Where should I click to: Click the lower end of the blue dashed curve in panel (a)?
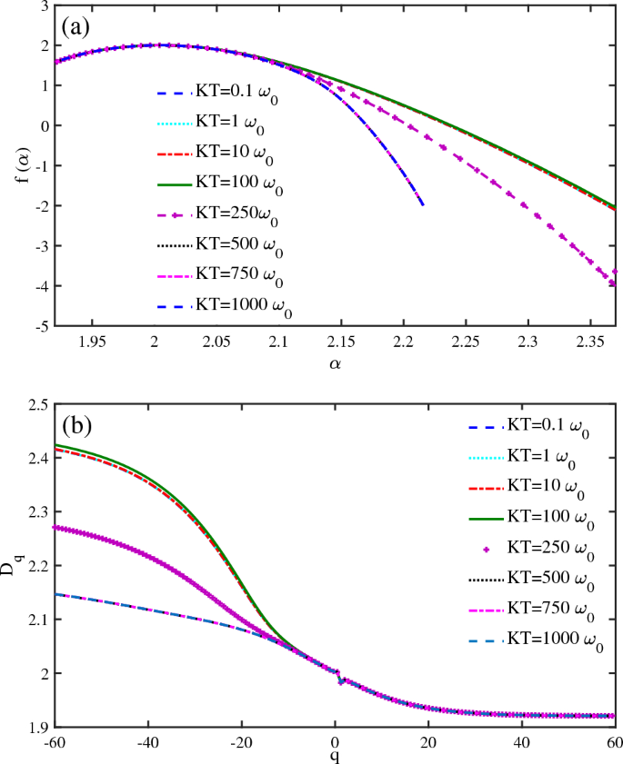coord(422,205)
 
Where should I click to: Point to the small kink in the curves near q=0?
coord(340,680)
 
